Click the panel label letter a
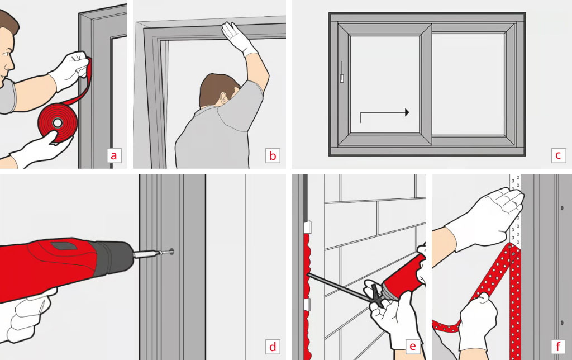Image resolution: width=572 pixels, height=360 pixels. click(114, 155)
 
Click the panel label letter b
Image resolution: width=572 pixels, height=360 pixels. click(273, 155)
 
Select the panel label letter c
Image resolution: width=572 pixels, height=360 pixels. click(557, 155)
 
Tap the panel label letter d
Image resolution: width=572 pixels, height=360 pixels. click(273, 347)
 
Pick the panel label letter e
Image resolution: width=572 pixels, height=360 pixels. click(412, 347)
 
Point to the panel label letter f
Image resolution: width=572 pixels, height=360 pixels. click(557, 347)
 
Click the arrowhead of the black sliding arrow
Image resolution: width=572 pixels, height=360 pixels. click(406, 112)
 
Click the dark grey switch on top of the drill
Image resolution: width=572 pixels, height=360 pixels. click(63, 245)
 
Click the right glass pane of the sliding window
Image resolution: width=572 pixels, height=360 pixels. click(468, 84)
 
